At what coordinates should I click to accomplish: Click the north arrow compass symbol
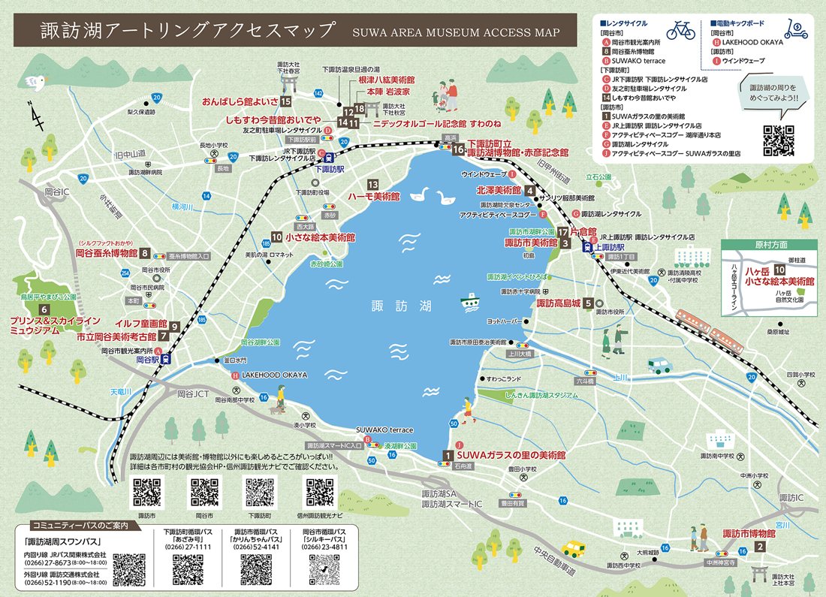[35, 116]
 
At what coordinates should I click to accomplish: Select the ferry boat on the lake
[471, 300]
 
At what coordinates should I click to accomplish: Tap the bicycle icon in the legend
[680, 29]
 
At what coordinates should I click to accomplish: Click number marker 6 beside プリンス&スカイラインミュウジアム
[44, 309]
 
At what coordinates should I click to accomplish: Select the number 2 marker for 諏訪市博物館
[760, 547]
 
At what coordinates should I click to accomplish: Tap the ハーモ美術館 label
[373, 196]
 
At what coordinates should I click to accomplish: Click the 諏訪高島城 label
[559, 303]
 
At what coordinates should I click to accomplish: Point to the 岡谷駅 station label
[148, 360]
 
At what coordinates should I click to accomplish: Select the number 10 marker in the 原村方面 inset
[780, 270]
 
